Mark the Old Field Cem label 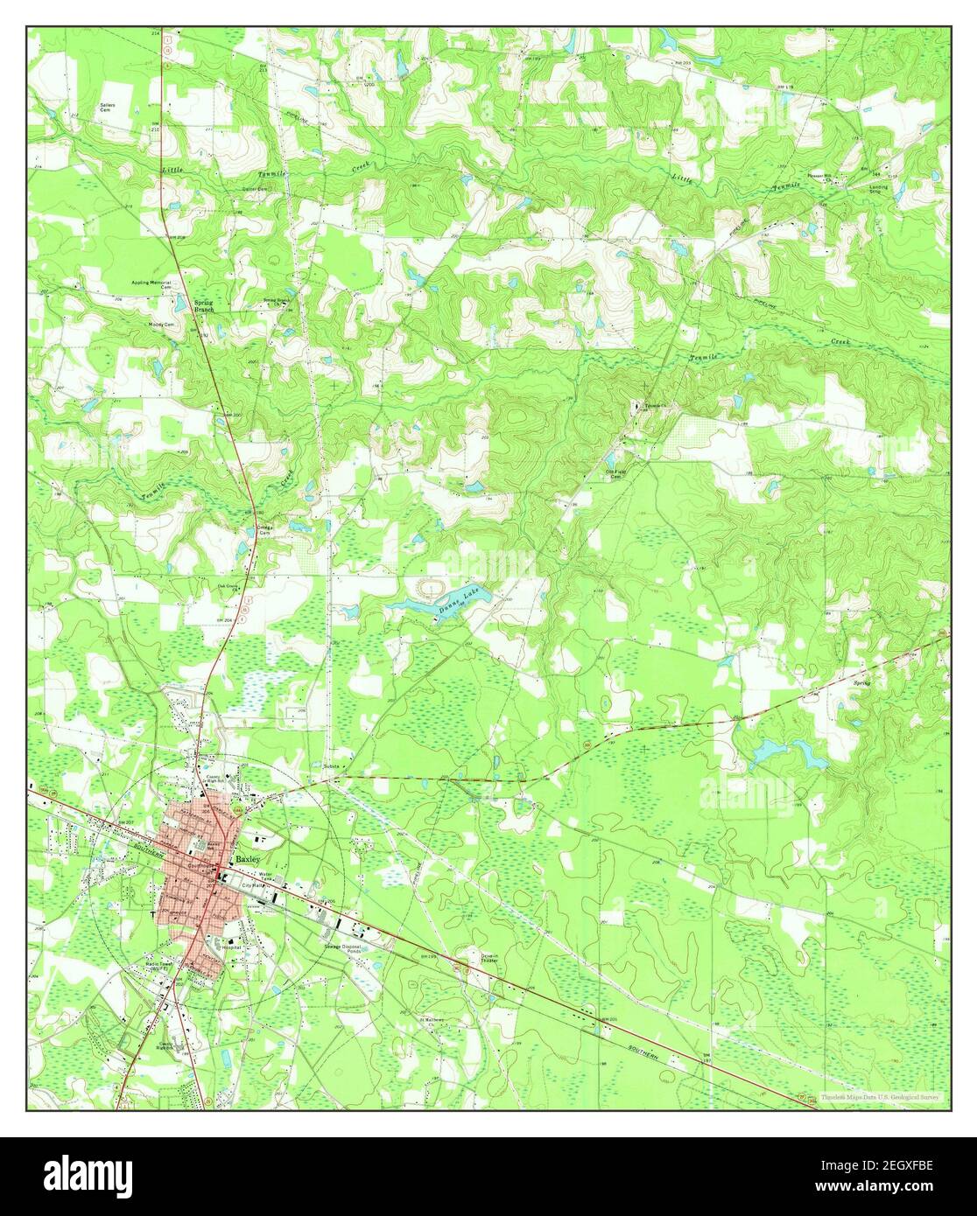617,474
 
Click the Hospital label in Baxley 231,947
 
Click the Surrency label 330,766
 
